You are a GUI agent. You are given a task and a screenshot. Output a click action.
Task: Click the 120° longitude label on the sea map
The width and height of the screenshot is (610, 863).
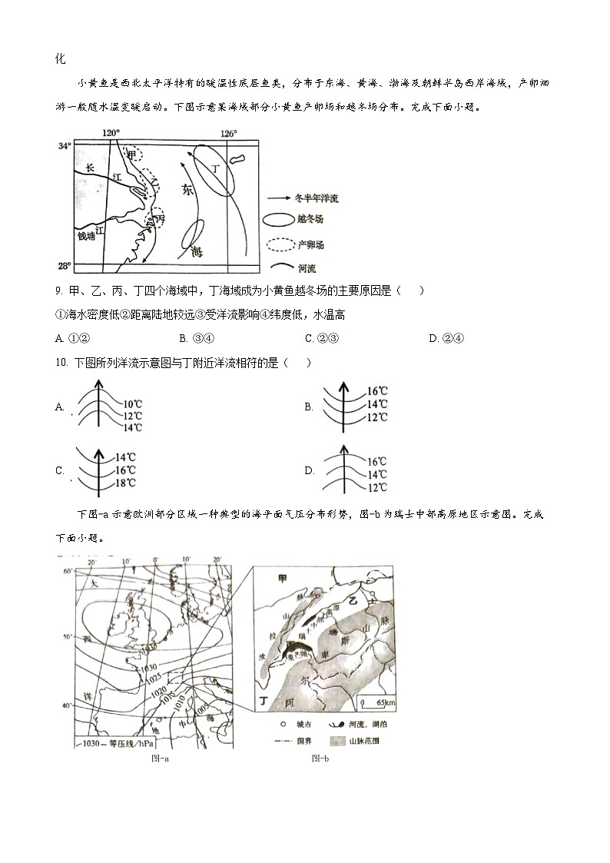(x=111, y=133)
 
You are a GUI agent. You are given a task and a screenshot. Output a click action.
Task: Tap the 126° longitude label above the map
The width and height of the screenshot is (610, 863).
(x=229, y=133)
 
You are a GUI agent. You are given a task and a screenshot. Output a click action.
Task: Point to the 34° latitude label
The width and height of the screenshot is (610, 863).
(x=64, y=145)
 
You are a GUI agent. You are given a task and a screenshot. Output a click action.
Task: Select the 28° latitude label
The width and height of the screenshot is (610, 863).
(x=64, y=266)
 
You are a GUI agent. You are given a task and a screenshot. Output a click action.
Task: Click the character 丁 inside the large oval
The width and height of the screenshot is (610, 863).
(x=215, y=168)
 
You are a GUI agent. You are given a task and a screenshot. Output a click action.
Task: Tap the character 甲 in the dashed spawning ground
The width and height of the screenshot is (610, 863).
(x=131, y=154)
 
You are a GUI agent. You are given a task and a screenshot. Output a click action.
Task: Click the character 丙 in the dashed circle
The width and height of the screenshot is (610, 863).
(x=160, y=219)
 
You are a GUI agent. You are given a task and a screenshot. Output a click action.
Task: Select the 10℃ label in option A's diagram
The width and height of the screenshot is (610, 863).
(x=132, y=403)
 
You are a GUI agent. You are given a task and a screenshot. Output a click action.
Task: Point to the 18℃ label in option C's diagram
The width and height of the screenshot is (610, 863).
(x=125, y=483)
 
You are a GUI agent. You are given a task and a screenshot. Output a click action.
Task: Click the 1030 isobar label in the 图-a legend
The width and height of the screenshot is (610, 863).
(x=91, y=743)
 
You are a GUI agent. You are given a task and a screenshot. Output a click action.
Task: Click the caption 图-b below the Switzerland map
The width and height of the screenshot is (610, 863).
(x=320, y=759)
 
